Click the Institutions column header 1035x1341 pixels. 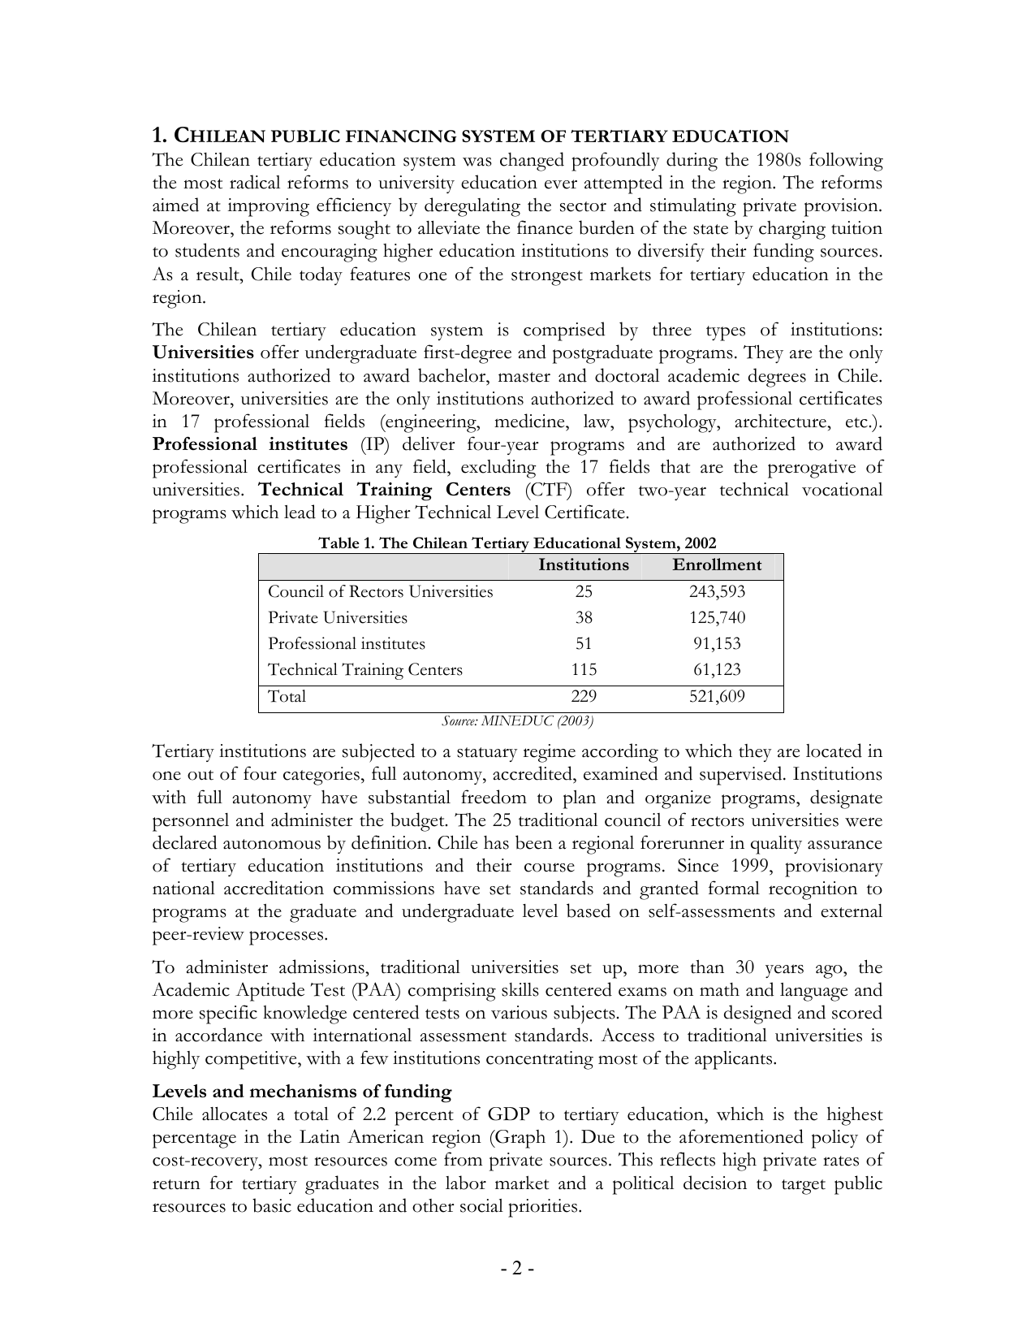583,565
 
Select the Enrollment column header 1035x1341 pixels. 717,565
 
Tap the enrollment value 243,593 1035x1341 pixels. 717,592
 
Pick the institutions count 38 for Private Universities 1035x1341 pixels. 584,618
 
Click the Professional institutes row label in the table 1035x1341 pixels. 347,644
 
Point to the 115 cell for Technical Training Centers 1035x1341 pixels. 584,670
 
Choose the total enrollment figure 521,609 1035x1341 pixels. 717,697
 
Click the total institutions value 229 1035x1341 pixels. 584,697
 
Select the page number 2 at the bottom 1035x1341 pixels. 517,1268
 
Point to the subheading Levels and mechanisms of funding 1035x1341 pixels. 302,1092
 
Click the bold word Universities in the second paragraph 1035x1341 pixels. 203,353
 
